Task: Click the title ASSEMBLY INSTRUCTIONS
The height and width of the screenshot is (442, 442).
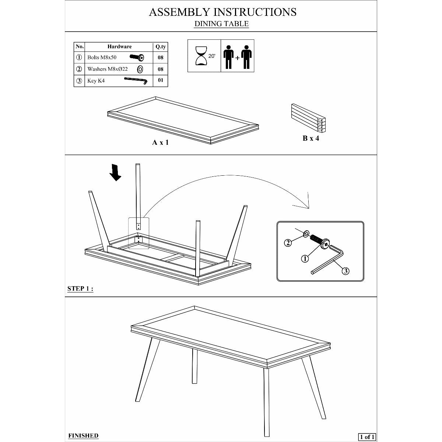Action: [x=222, y=12]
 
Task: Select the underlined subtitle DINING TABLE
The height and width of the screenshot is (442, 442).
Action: [x=221, y=24]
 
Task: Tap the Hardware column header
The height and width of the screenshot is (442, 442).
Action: [x=119, y=47]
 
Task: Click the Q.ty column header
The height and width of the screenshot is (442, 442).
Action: [x=160, y=47]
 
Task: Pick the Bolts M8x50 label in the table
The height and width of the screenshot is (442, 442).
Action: [x=102, y=57]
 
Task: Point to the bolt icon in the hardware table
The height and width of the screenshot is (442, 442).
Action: [x=137, y=57]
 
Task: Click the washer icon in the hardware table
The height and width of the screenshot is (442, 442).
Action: [x=140, y=69]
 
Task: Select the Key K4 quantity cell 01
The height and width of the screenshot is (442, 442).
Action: [x=160, y=80]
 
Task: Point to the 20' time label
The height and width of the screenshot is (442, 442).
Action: [x=212, y=56]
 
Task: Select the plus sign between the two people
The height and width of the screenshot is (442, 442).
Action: [x=238, y=58]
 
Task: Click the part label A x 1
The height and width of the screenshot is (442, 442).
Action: [x=160, y=143]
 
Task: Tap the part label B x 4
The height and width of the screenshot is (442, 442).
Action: [x=311, y=138]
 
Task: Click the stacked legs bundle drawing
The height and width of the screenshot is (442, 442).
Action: [x=308, y=117]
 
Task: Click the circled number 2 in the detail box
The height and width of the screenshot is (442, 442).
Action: [x=288, y=243]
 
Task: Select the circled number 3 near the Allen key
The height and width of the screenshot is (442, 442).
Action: [x=345, y=271]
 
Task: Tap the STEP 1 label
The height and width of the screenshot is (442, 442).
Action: [x=80, y=289]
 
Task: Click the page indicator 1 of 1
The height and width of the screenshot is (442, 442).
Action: [x=367, y=437]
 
